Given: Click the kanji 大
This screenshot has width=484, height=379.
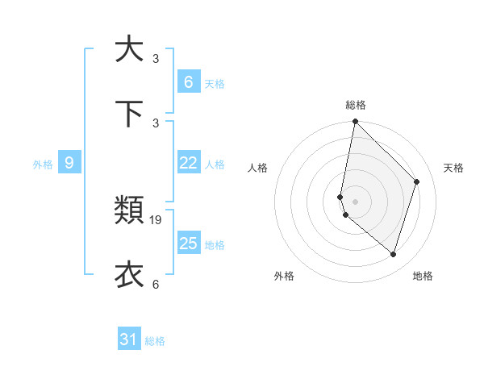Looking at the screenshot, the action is point(129,49).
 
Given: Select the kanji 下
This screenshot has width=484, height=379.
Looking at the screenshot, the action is point(129,113).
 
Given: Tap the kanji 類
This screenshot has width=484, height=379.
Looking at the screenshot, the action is point(129,210).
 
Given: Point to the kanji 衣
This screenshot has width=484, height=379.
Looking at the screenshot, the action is point(129,274).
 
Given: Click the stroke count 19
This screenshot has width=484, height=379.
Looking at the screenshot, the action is point(156,219).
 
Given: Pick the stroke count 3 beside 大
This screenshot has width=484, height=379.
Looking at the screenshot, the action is point(156,59).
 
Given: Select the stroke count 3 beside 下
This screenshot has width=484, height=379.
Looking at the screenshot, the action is point(156,123).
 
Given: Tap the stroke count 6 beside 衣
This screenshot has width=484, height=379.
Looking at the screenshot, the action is point(156,284).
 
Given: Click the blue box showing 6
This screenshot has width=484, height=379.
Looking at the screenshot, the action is point(188,82).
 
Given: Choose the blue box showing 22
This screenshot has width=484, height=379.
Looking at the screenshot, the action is point(188,164).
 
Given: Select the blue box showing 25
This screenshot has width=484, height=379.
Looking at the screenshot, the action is point(188,244).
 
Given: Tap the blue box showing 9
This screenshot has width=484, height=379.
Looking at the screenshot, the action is point(69,164).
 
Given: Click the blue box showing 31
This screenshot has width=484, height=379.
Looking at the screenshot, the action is point(129,340).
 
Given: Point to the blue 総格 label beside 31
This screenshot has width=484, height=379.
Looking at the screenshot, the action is point(155,341).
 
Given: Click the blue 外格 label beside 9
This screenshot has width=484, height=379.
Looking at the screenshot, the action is point(43,165).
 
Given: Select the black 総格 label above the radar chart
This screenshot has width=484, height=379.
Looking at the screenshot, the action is point(356,105).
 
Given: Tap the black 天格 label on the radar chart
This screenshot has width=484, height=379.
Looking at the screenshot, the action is point(453,168).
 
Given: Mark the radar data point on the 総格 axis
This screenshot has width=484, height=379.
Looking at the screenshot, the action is point(355,122).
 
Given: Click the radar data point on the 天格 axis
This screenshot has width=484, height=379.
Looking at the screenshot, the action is point(417,181).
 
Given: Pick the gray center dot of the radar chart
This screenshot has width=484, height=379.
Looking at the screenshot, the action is point(355,201).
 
